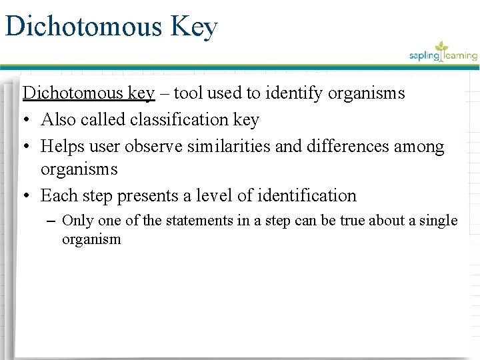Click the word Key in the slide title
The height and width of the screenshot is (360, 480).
pyautogui.click(x=194, y=27)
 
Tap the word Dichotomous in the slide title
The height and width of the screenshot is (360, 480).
pyautogui.click(x=83, y=27)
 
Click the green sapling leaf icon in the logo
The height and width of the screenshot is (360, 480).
pyautogui.click(x=441, y=48)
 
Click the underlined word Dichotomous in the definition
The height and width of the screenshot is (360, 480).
pyautogui.click(x=73, y=93)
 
